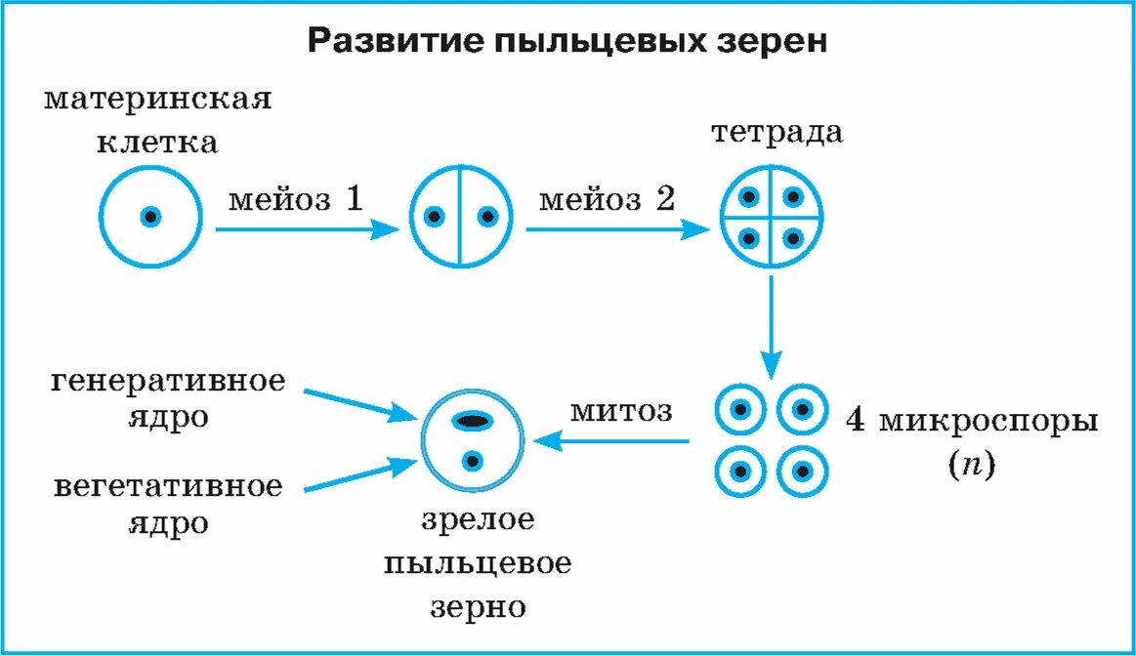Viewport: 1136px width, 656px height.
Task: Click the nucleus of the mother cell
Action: pyautogui.click(x=150, y=217)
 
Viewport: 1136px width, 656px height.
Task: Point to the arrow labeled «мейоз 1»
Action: pyautogui.click(x=307, y=229)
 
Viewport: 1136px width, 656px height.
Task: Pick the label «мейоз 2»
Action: pyautogui.click(x=607, y=200)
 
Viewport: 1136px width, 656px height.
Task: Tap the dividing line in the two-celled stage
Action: pyautogui.click(x=459, y=217)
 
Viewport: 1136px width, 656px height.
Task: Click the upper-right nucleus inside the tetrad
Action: pyautogui.click(x=792, y=196)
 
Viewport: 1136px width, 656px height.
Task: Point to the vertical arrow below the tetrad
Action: pyautogui.click(x=771, y=327)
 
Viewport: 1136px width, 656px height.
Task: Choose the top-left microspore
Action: pyautogui.click(x=740, y=411)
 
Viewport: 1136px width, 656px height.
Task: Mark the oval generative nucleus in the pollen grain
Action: pyautogui.click(x=473, y=421)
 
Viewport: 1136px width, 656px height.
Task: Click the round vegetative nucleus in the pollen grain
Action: pyautogui.click(x=473, y=459)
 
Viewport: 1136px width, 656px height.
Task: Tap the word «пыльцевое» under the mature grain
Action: pyautogui.click(x=478, y=564)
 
